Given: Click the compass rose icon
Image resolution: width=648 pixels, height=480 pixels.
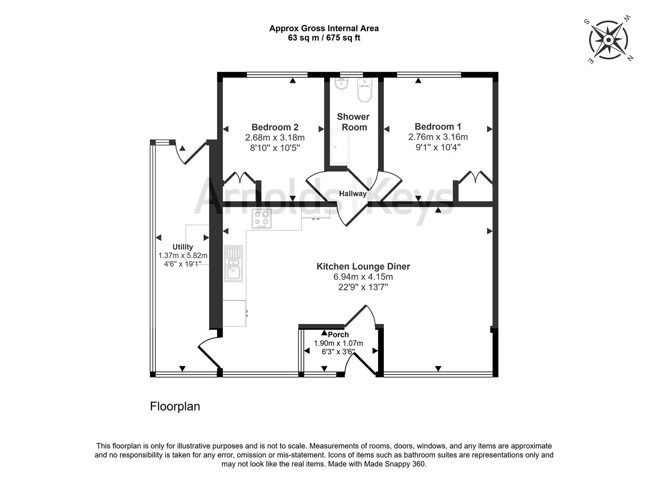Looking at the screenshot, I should pos(608,40).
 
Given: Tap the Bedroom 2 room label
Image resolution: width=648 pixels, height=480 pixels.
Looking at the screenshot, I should pos(275,127).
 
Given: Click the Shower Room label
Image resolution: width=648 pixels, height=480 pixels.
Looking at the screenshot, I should pos(354,122).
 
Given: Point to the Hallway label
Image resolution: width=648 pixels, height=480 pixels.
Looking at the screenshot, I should pos(353,194).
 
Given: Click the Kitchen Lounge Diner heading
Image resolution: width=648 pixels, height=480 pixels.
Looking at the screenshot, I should pos(363,267).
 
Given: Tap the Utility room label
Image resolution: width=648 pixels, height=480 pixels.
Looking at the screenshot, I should pos(183,247).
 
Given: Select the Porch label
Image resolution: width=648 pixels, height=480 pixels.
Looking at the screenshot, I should pos(338,335).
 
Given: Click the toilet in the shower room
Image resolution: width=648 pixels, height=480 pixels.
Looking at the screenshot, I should pos(365,91).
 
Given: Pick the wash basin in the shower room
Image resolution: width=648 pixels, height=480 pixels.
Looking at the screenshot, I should pos(341,84).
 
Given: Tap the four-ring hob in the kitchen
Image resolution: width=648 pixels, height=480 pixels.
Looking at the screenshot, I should pos(262,219).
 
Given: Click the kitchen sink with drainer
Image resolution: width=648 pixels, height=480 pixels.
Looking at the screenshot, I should pos(233,264).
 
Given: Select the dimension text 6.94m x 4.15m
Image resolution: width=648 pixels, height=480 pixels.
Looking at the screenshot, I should pos(363,277).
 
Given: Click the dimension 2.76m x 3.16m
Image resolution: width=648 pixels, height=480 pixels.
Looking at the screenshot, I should pos(438,137).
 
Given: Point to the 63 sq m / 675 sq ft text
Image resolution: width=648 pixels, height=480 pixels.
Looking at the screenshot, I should pos(324,38).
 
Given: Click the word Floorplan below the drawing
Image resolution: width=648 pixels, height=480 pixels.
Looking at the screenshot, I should pos(175,406).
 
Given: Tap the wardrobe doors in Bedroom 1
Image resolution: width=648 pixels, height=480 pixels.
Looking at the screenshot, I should pos(475,177).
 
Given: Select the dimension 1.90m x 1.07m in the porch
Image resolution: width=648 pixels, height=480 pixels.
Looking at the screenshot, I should pos(338,343).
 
